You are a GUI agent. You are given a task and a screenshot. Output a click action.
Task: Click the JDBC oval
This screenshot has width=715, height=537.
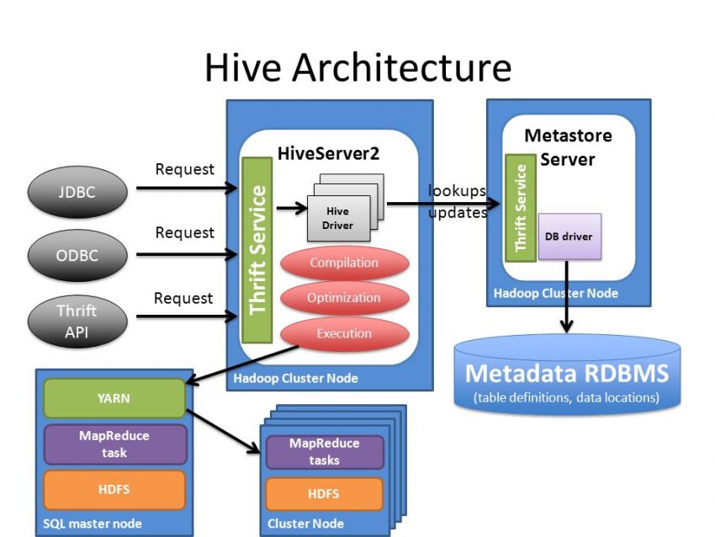[x=77, y=192]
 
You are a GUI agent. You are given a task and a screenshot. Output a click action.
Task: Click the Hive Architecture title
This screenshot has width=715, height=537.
[x=357, y=67]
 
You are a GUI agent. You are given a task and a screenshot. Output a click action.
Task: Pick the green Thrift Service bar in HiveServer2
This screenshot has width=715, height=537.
[x=257, y=250]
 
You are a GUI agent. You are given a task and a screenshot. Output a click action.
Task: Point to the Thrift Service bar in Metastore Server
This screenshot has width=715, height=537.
[x=520, y=207]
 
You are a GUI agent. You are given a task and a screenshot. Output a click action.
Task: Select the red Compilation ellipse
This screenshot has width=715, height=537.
[x=344, y=263]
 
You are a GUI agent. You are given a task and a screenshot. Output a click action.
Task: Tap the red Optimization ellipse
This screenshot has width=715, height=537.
[x=344, y=299]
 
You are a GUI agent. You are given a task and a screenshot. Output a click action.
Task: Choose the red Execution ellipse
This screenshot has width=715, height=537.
[x=344, y=334]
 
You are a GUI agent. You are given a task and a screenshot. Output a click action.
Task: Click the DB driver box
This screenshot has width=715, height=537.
[x=569, y=237]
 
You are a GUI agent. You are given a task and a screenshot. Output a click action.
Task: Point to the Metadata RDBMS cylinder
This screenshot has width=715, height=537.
[x=567, y=375]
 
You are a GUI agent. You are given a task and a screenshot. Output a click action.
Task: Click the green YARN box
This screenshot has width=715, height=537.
[x=114, y=398]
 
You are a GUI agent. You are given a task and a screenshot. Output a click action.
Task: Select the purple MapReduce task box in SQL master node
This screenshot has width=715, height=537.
[x=114, y=444]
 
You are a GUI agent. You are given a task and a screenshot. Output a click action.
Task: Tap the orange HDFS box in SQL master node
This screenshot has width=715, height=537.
[x=114, y=489]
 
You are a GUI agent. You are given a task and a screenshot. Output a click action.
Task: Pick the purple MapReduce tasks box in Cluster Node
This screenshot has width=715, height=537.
[x=324, y=452]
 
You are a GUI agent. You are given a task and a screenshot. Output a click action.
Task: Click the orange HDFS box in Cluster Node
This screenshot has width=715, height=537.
[x=324, y=494]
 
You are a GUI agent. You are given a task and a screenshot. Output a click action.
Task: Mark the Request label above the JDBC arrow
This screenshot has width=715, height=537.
[x=184, y=169]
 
